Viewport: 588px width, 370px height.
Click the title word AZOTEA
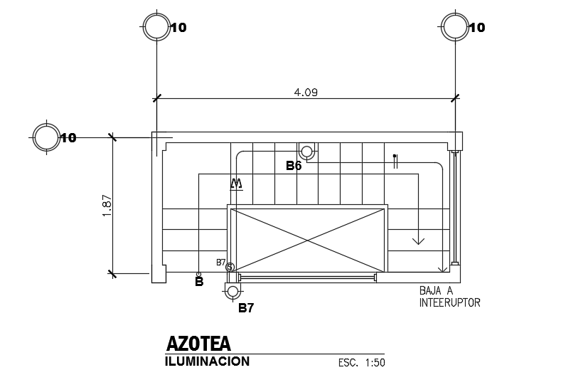[198, 343]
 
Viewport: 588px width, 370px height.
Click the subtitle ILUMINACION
[207, 361]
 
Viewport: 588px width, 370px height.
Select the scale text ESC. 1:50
[361, 363]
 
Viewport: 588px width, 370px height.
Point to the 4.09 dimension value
[306, 92]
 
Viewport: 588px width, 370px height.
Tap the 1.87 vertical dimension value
[107, 205]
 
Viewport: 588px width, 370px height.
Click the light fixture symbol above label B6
[306, 152]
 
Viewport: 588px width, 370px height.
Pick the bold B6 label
[294, 166]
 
